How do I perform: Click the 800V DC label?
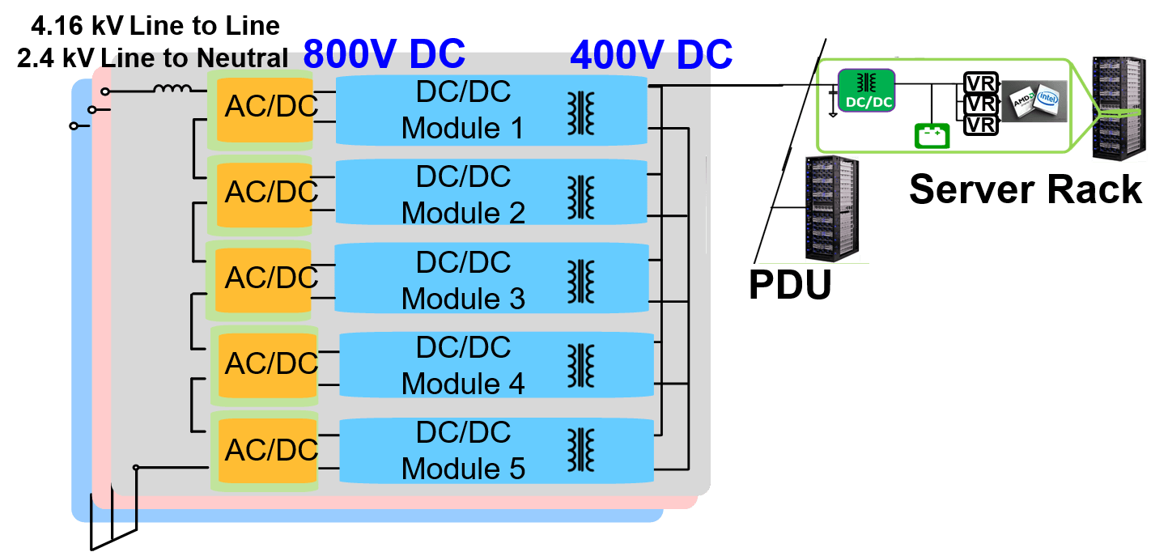(384, 54)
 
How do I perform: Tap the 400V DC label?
(652, 55)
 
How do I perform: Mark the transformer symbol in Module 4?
(580, 366)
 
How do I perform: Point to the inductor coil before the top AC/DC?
(172, 89)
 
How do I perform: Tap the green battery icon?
(932, 135)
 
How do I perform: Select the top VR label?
(981, 84)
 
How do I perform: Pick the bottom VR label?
(981, 125)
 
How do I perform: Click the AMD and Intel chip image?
(1034, 102)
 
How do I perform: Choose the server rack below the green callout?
(831, 209)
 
